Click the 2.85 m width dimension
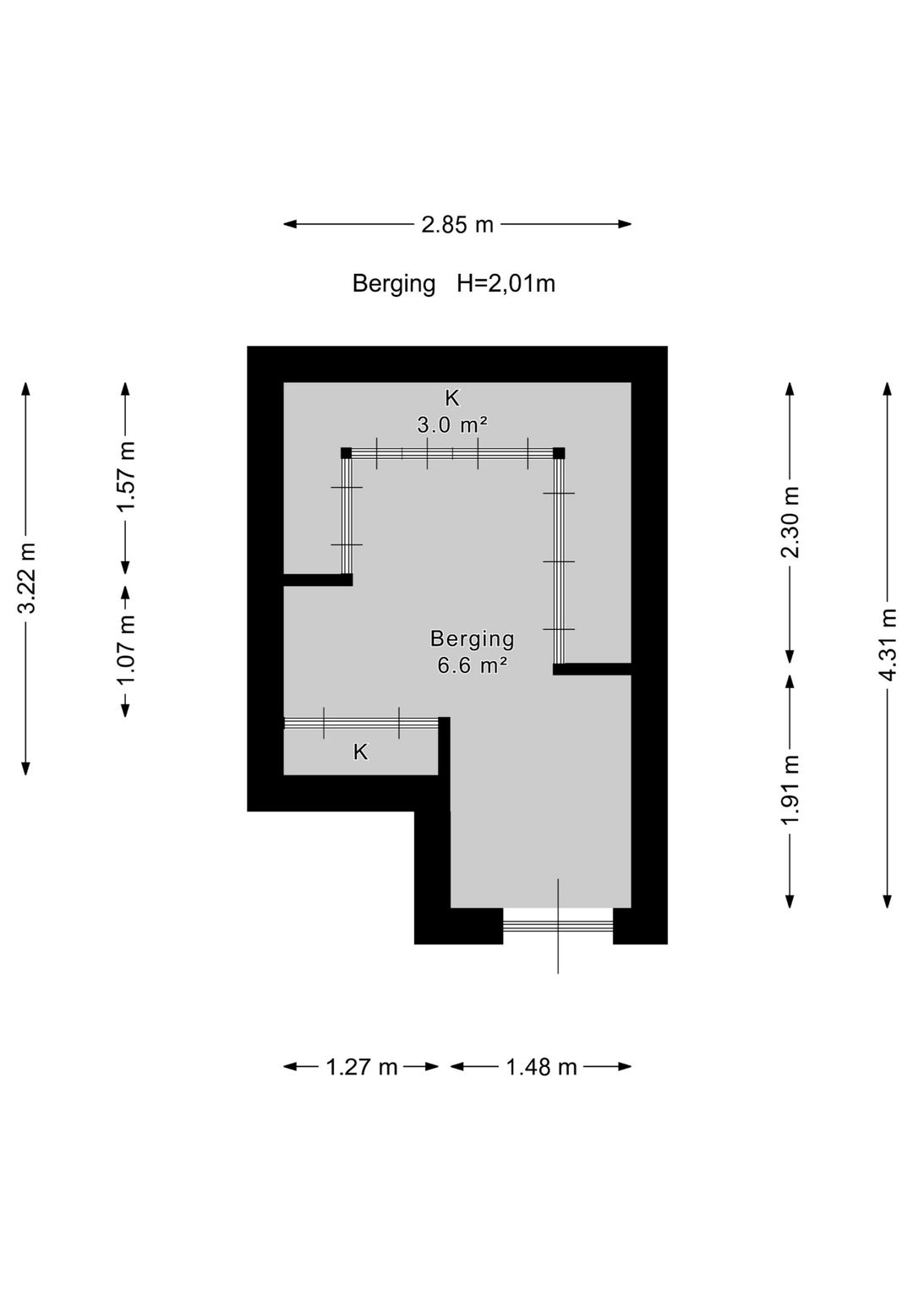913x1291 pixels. pyautogui.click(x=457, y=224)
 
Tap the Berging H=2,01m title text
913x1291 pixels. pyautogui.click(x=454, y=283)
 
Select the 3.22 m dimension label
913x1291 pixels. pyautogui.click(x=27, y=578)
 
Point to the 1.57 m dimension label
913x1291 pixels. pyautogui.click(x=126, y=475)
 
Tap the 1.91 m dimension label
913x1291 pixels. pyautogui.click(x=790, y=790)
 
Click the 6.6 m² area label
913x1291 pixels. pyautogui.click(x=472, y=666)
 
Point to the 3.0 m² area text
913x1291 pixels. pyautogui.click(x=452, y=426)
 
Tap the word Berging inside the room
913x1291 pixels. pyautogui.click(x=472, y=639)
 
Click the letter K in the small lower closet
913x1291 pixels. pyautogui.click(x=361, y=752)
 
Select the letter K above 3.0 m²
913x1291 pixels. pyautogui.click(x=452, y=397)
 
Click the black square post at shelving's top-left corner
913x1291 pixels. pyautogui.click(x=346, y=453)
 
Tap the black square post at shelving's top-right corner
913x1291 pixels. pyautogui.click(x=559, y=453)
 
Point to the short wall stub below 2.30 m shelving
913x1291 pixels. pyautogui.click(x=593, y=669)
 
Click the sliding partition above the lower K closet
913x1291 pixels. pyautogui.click(x=362, y=724)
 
